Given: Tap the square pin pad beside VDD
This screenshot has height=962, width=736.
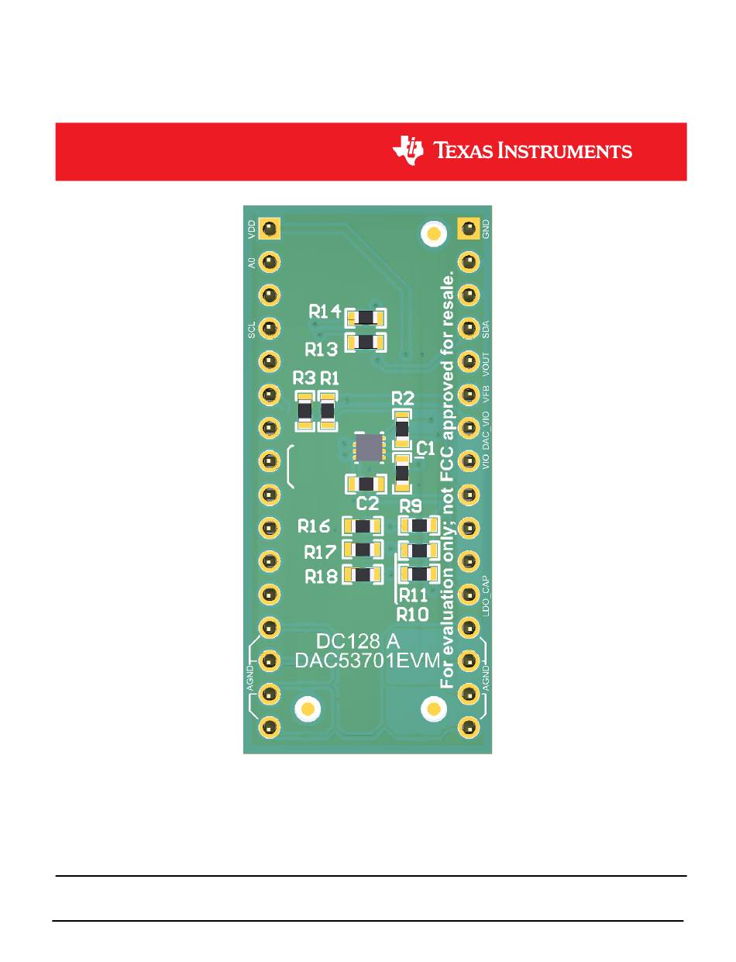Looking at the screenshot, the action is pos(269,228).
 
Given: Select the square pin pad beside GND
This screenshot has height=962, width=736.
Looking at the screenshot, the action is pos(468,228).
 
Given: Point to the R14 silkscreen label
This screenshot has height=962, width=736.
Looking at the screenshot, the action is pos(325,312).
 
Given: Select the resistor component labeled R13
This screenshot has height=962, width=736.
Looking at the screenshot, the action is pos(365,342).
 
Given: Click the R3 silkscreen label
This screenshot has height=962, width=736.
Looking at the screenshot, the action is pos(304,378).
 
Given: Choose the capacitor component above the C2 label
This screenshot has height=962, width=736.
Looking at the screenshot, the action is pos(365,484).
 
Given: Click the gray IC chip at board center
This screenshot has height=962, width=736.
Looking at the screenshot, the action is pos(370,447).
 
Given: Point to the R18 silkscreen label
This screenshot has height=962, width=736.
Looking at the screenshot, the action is pos(321,577).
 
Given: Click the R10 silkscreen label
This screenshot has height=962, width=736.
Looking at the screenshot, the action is pos(412,614).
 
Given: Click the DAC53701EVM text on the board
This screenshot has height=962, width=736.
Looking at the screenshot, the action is pos(367,660).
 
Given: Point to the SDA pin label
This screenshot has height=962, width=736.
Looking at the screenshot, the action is pos(486,329).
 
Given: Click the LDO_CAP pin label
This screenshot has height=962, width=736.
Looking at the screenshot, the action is pos(486,595).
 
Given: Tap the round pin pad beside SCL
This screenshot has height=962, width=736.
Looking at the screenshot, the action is pos(269,328).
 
